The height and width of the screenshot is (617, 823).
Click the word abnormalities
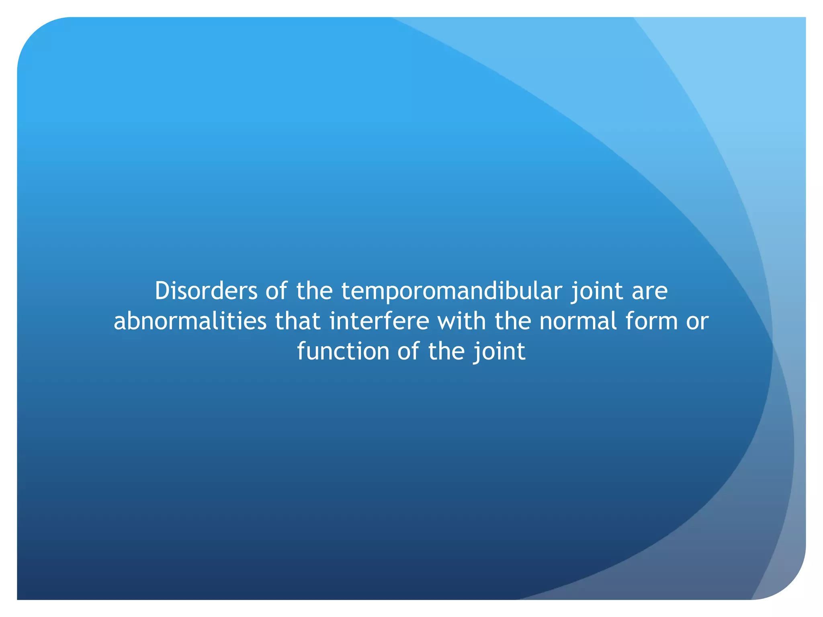pos(190,321)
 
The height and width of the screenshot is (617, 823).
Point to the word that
pos(297,321)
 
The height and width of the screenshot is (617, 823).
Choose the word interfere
pos(379,321)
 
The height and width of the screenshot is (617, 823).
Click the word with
pos(461,321)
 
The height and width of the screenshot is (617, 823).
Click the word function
pos(343,351)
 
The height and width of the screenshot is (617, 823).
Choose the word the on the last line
pos(446,351)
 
